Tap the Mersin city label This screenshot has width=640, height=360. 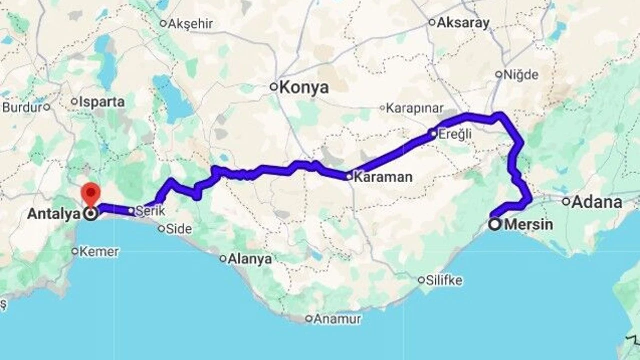(529, 225)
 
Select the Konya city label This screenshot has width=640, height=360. (304, 88)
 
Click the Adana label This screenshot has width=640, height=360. (597, 202)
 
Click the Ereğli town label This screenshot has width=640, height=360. (454, 134)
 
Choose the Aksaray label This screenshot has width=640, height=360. (463, 23)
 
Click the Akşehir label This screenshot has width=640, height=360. (190, 23)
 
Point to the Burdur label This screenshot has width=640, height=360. (22, 107)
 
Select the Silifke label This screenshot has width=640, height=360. (444, 280)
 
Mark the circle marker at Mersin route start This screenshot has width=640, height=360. (495, 224)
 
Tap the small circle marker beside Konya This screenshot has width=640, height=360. (274, 87)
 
